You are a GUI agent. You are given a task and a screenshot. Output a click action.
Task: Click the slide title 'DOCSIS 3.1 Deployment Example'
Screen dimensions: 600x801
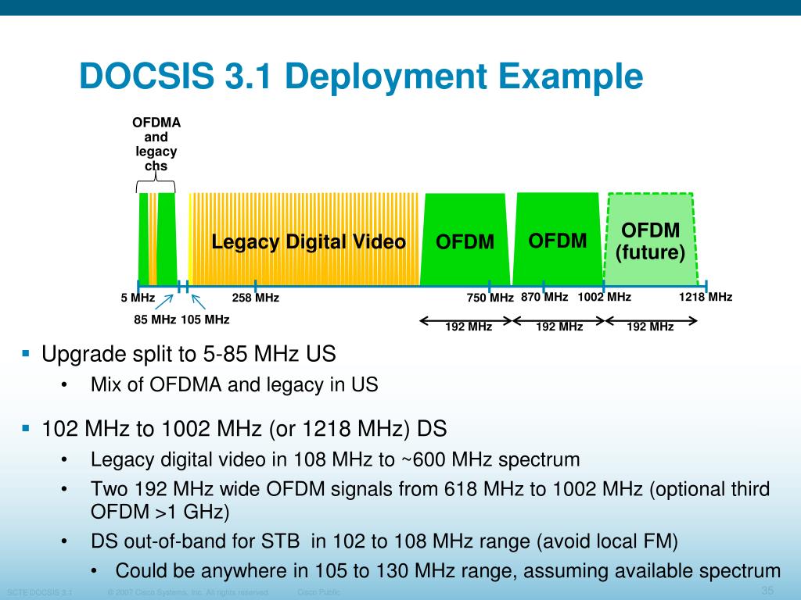coord(361,77)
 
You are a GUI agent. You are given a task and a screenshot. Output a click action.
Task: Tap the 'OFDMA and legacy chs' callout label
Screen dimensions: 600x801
coord(156,145)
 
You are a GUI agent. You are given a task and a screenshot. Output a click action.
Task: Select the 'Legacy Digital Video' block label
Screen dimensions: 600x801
coord(308,242)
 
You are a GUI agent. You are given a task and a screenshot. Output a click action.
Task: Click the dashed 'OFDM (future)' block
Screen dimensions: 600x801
coord(650,240)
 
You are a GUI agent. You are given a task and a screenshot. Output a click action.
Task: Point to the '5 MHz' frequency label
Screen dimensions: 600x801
coord(138,298)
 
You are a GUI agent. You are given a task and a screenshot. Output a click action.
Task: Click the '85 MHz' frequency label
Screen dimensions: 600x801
coord(155,319)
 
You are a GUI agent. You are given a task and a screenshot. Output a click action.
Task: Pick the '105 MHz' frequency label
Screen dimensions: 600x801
coord(205,319)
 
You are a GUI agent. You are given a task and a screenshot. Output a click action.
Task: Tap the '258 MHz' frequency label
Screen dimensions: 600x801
coord(256,298)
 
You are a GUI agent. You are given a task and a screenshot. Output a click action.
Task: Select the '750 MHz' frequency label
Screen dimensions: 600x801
coord(490,298)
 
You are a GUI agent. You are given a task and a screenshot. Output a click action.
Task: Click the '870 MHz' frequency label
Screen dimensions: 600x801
coord(544,297)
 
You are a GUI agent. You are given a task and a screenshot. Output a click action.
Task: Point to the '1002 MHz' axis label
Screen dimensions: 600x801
coord(604,297)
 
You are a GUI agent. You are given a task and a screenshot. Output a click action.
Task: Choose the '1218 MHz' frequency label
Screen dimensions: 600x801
coord(706,297)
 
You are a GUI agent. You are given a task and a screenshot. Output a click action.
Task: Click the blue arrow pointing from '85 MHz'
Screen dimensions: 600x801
coord(167,300)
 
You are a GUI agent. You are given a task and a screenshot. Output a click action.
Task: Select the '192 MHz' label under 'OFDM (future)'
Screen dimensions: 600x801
coord(650,327)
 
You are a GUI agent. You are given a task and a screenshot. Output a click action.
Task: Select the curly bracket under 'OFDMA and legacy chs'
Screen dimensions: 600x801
coord(156,185)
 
